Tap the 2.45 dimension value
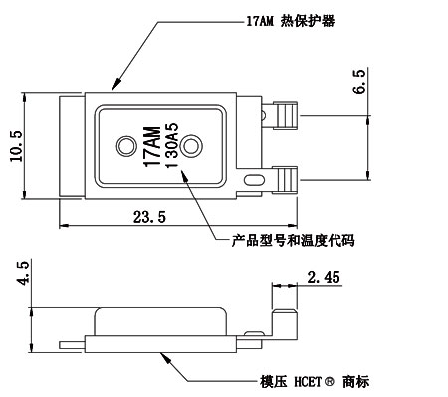[325, 278]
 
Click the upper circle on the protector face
[126, 147]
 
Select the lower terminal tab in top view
[285, 180]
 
